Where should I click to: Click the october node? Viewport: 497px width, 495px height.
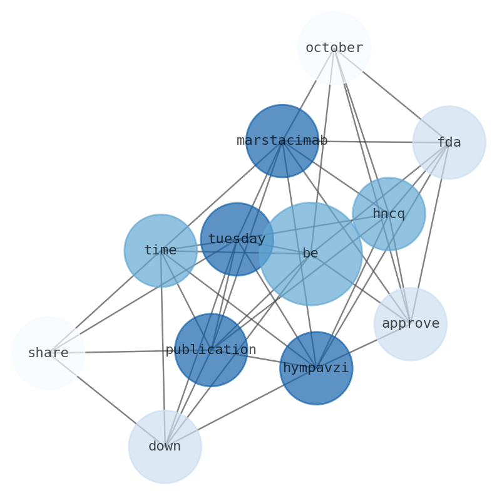click(x=334, y=48)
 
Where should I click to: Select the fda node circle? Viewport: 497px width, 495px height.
click(x=449, y=142)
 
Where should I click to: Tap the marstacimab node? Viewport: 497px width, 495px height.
click(x=282, y=141)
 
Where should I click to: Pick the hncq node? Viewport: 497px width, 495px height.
click(x=388, y=214)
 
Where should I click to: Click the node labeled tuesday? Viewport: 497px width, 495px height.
click(x=237, y=239)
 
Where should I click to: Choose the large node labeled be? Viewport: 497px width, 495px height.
click(x=310, y=253)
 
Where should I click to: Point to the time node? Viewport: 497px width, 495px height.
click(x=160, y=251)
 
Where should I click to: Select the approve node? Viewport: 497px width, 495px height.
click(x=410, y=324)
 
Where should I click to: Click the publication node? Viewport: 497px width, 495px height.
click(x=211, y=350)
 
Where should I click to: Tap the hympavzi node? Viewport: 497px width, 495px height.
click(x=316, y=368)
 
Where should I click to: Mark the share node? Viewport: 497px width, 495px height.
click(x=48, y=353)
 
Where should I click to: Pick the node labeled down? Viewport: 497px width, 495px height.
click(x=165, y=447)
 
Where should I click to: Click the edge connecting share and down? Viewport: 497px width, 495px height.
click(x=106, y=400)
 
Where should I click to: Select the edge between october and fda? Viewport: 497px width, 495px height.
click(x=391, y=95)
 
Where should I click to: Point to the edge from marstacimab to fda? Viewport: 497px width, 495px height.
click(x=366, y=142)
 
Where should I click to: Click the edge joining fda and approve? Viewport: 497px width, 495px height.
click(x=429, y=233)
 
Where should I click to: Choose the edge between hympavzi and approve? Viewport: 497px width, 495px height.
click(x=363, y=346)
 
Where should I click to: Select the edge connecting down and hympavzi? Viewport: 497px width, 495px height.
click(x=241, y=407)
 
